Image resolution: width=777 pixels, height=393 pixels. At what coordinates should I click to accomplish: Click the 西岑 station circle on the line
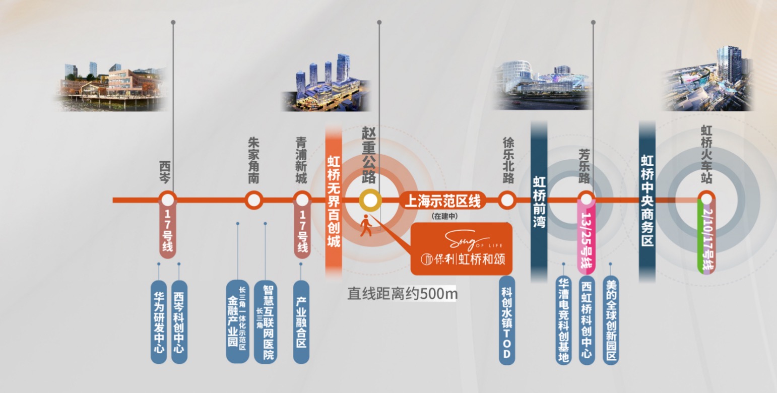tap(167, 200)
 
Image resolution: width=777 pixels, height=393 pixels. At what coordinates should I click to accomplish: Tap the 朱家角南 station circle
tap(254, 200)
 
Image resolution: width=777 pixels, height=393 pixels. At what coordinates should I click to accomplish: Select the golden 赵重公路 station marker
tap(370, 200)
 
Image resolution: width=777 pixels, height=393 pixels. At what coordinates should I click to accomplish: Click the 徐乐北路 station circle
tap(507, 200)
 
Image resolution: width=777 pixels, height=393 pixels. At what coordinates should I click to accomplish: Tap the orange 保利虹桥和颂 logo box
tap(462, 249)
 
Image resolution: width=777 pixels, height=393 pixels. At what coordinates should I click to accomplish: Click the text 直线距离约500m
tap(402, 293)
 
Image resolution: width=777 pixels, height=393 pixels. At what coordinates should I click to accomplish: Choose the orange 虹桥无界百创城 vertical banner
tap(334, 202)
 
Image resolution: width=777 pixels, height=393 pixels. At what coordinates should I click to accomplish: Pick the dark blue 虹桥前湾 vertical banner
tap(539, 202)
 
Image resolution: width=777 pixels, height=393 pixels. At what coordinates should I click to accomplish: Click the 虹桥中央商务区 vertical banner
tap(647, 202)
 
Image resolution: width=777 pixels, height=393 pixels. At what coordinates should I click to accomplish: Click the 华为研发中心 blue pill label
tap(159, 321)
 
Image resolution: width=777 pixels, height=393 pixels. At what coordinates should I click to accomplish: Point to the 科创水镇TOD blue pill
tap(507, 320)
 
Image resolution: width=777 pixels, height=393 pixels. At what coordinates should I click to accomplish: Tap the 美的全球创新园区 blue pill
tap(611, 320)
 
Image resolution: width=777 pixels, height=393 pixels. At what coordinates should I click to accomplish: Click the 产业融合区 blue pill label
tap(301, 321)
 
